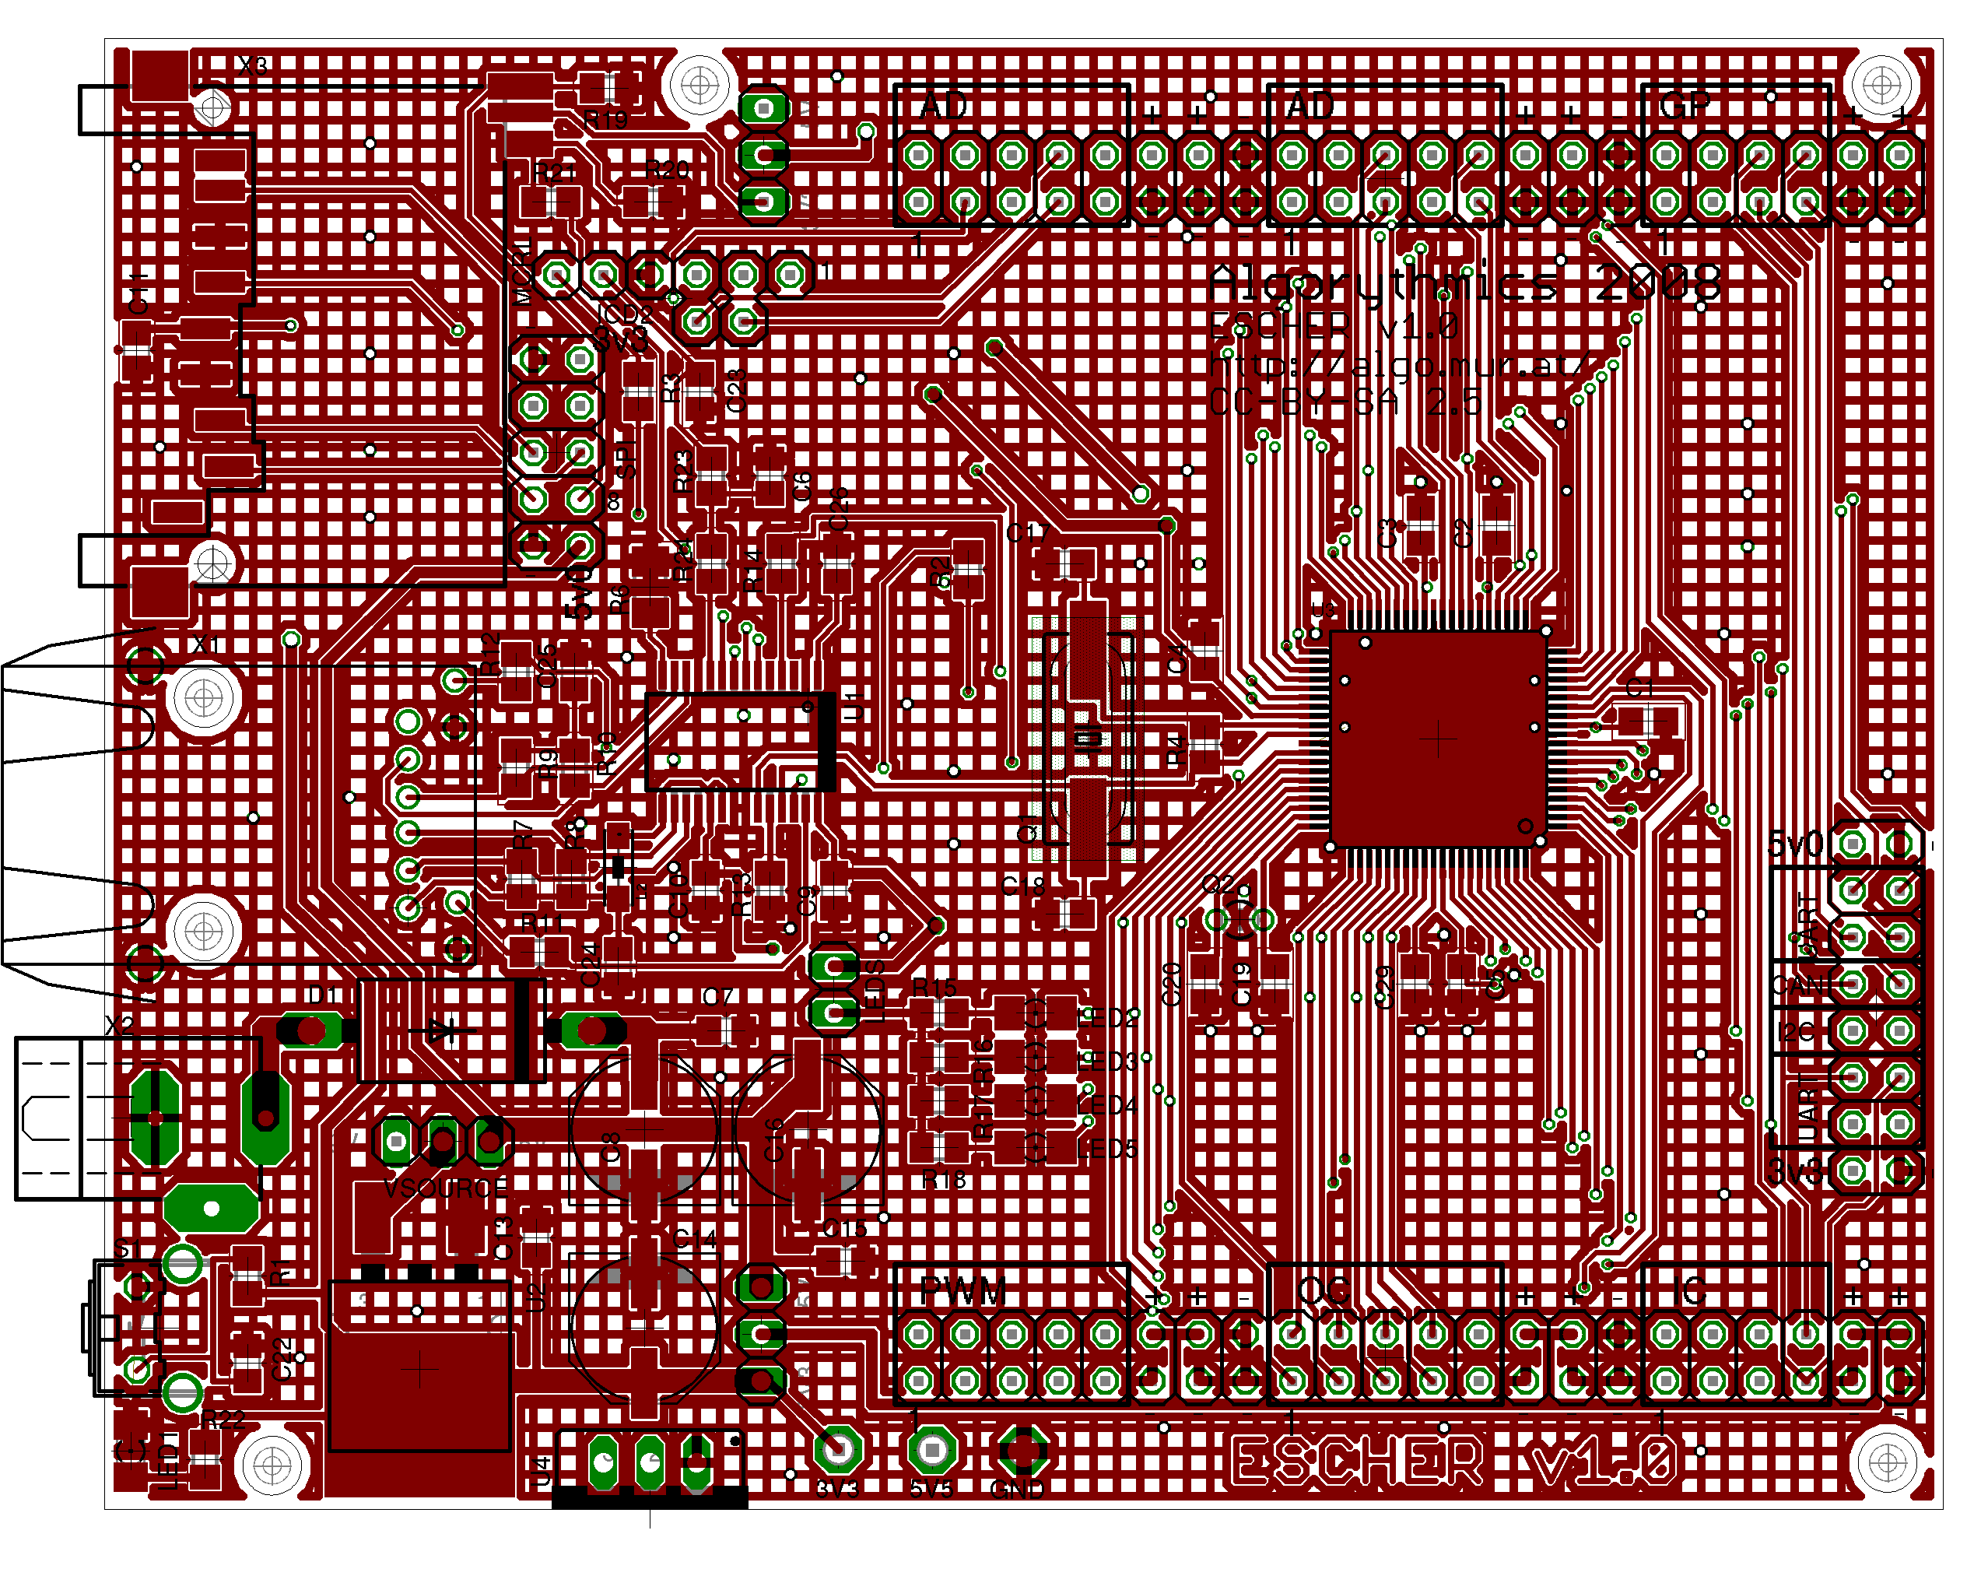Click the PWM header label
(x=962, y=1291)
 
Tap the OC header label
(x=1323, y=1291)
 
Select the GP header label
(x=1685, y=107)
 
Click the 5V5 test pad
(x=931, y=1448)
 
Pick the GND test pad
(x=1022, y=1448)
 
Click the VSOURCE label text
(x=445, y=1188)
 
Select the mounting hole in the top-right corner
(x=1881, y=86)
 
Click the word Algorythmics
(x=1382, y=285)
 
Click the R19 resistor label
(x=606, y=120)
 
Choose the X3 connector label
(x=253, y=65)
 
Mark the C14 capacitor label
(x=694, y=1239)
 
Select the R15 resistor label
(x=934, y=988)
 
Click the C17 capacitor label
(x=1027, y=533)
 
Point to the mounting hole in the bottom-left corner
(x=272, y=1465)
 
